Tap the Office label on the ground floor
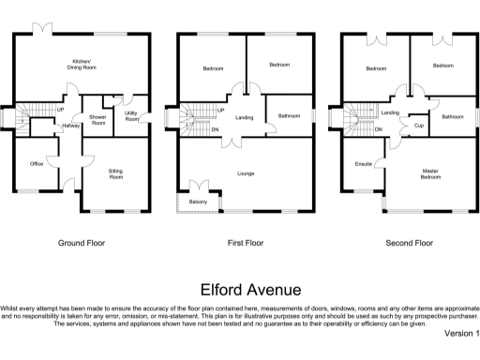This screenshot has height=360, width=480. click(37, 163)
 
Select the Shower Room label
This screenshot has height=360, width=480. click(97, 120)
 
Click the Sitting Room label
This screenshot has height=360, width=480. click(116, 173)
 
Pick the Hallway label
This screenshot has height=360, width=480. click(71, 125)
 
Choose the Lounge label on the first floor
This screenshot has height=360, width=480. click(246, 173)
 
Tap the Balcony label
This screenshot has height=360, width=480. click(198, 202)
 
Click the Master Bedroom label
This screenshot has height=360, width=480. click(430, 174)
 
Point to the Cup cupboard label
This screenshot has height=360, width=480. click(418, 125)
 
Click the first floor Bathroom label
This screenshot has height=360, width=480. click(289, 116)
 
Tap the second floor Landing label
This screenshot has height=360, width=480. click(391, 112)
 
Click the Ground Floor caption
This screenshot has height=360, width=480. click(82, 243)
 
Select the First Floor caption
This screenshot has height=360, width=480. click(247, 243)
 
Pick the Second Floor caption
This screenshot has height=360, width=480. click(410, 243)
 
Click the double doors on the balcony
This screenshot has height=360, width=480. click(198, 185)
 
